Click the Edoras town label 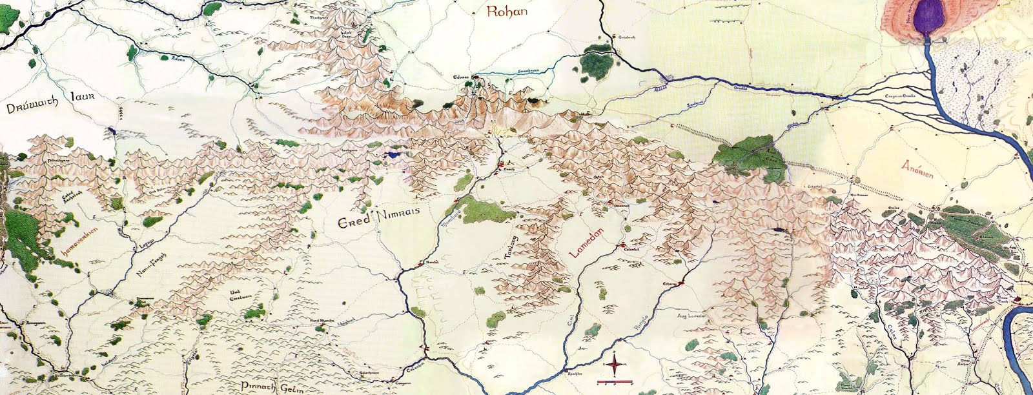pos(461,76)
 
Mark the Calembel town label pos(628,250)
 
